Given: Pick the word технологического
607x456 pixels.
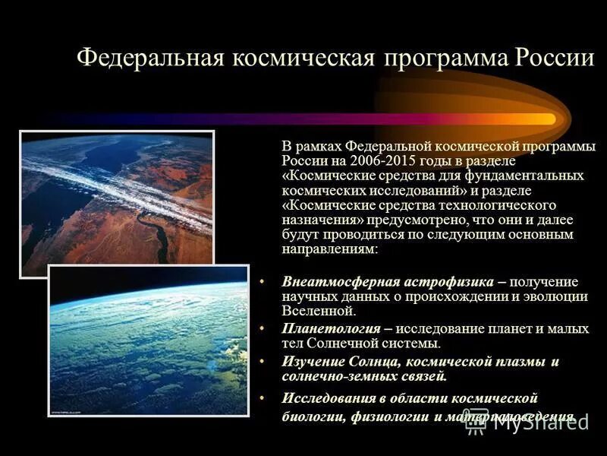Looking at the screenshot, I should (x=494, y=205).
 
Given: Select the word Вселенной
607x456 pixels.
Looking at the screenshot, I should (x=318, y=311).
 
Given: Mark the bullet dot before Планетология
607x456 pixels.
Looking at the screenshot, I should (x=262, y=328).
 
